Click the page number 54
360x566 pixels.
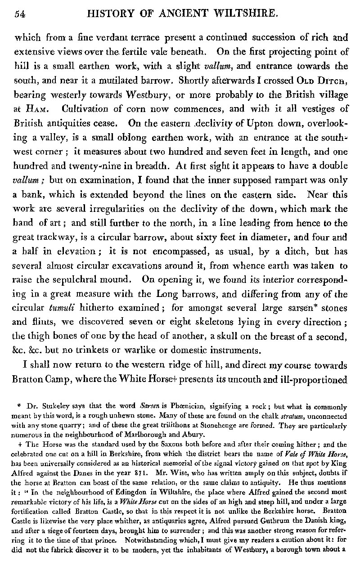[20, 14]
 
